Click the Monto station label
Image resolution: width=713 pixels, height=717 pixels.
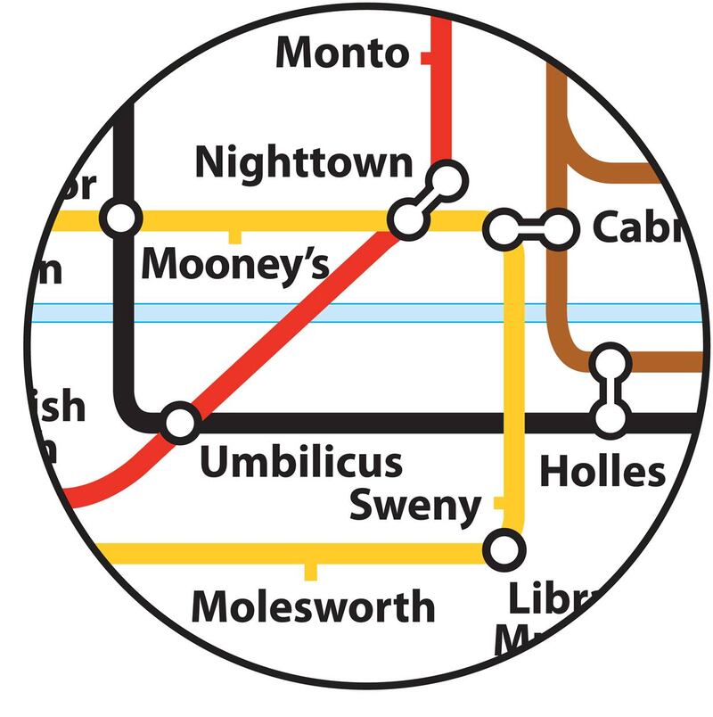tap(341, 53)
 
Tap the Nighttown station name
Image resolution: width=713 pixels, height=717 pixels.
tap(305, 163)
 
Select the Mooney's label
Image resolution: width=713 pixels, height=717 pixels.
tap(236, 264)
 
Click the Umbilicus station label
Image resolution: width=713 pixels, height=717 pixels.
tap(300, 462)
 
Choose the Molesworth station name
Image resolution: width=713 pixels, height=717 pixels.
tap(314, 607)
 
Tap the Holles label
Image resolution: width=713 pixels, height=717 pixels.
tap(603, 471)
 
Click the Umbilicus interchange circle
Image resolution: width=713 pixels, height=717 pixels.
tap(180, 423)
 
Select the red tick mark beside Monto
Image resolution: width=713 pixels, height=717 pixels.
tap(427, 59)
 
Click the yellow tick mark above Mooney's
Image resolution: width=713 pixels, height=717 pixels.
tap(234, 236)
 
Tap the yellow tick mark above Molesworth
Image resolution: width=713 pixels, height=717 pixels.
tap(310, 571)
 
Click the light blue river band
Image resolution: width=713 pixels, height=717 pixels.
tap(356, 313)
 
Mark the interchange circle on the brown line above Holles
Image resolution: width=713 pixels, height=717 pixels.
tap(611, 361)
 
